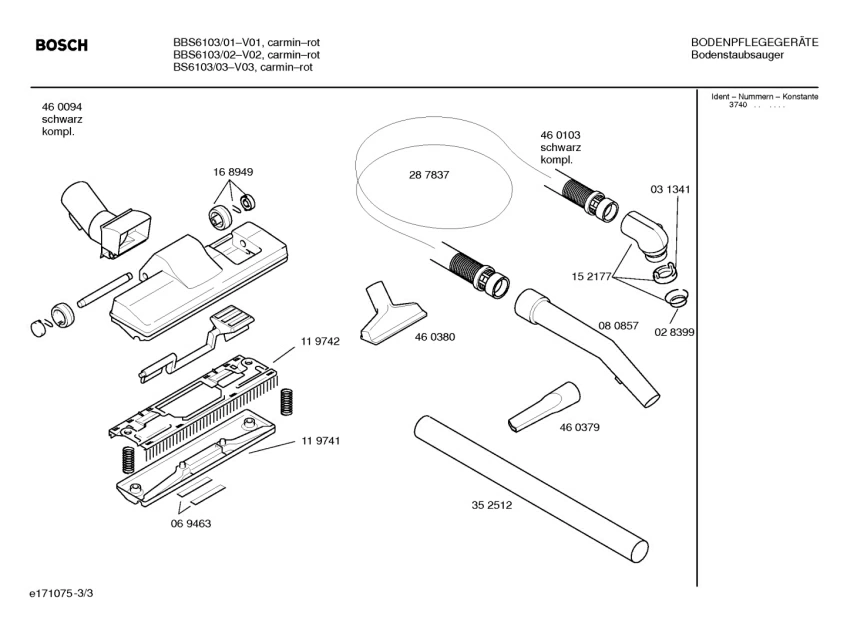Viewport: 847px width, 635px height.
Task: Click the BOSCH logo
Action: (x=61, y=46)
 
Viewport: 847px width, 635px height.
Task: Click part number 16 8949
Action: (x=232, y=172)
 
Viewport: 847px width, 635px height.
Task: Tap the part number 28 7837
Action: (x=428, y=175)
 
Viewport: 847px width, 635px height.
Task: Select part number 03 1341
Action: (x=670, y=189)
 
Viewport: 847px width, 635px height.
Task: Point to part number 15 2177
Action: (x=591, y=276)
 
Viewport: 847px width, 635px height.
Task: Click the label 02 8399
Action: (x=675, y=331)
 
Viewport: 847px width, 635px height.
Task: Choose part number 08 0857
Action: (x=618, y=325)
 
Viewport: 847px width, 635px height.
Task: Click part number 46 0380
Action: (x=435, y=337)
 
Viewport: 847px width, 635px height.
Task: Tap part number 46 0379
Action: (x=579, y=428)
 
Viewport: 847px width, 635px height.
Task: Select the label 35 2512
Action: (x=491, y=505)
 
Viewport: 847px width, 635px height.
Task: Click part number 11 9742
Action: (x=320, y=341)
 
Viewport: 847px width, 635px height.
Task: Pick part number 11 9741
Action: (x=320, y=441)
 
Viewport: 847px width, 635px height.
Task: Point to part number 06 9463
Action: (x=190, y=523)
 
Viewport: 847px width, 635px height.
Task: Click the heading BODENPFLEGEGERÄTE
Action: (x=754, y=42)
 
